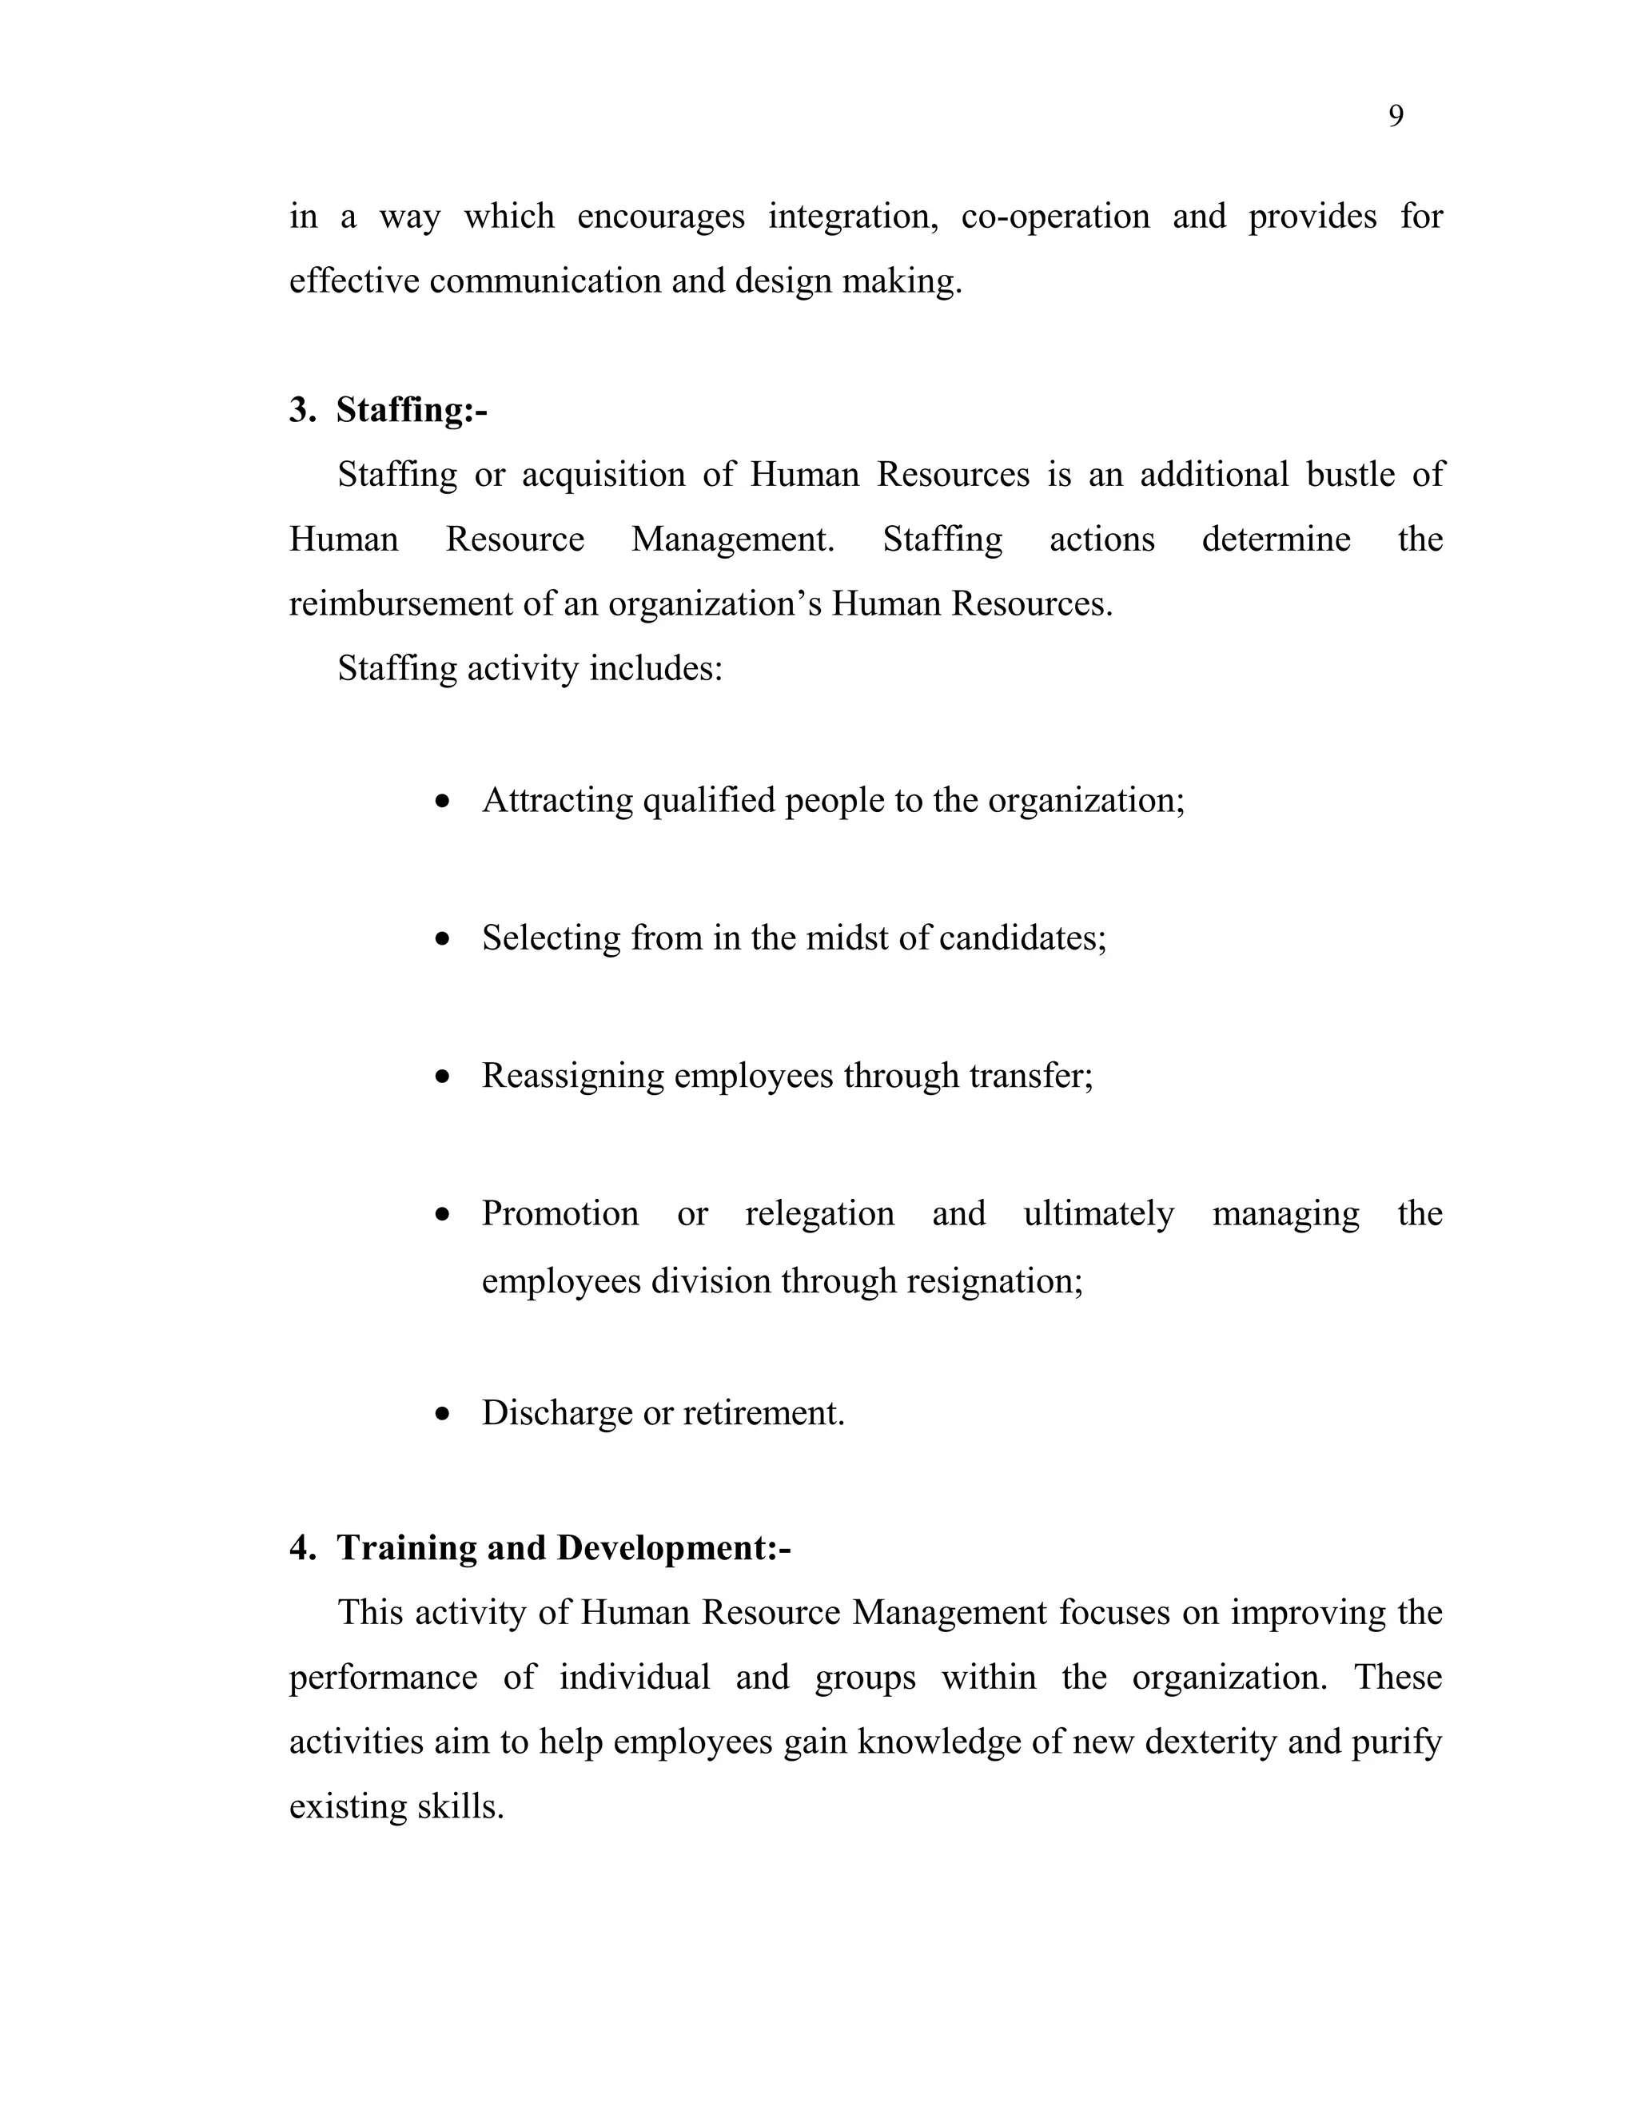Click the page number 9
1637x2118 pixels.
(x=1396, y=117)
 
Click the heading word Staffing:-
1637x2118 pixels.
(x=411, y=410)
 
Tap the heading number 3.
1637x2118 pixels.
(x=301, y=410)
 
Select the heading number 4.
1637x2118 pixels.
(x=301, y=1548)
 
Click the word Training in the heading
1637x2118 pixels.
(x=406, y=1548)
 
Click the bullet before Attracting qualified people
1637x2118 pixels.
(x=443, y=801)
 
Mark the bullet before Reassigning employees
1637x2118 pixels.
(x=443, y=1077)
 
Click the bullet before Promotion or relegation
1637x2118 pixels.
(x=443, y=1214)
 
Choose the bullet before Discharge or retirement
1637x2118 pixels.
(x=443, y=1414)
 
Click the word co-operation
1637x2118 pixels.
(x=1055, y=217)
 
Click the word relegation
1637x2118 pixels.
(x=819, y=1214)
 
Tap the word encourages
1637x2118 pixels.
(x=660, y=217)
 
